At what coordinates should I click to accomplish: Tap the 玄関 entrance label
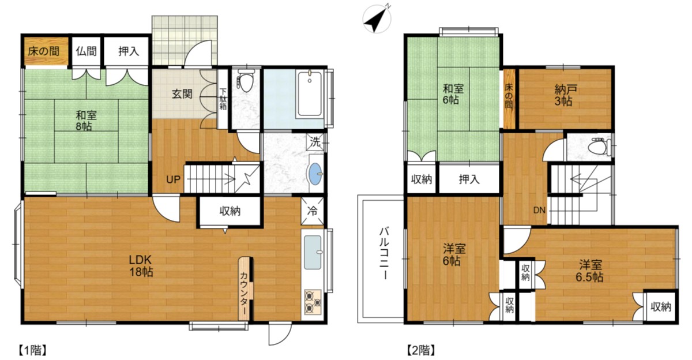(182, 94)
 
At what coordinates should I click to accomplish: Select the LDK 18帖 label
(141, 265)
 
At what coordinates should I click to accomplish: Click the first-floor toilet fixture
(245, 80)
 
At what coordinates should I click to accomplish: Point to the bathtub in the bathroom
(310, 94)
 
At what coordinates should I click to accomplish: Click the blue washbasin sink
(316, 174)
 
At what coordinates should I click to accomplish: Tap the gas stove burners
(313, 302)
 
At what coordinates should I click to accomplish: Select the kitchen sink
(313, 252)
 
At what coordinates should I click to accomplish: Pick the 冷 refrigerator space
(313, 211)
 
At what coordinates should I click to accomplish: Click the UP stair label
(173, 179)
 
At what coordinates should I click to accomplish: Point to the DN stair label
(539, 210)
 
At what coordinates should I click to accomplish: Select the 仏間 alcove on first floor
(86, 51)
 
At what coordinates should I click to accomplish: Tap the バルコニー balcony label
(385, 253)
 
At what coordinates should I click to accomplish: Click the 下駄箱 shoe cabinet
(223, 99)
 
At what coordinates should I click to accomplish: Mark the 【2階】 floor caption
(421, 350)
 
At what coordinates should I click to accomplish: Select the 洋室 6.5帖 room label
(589, 271)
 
